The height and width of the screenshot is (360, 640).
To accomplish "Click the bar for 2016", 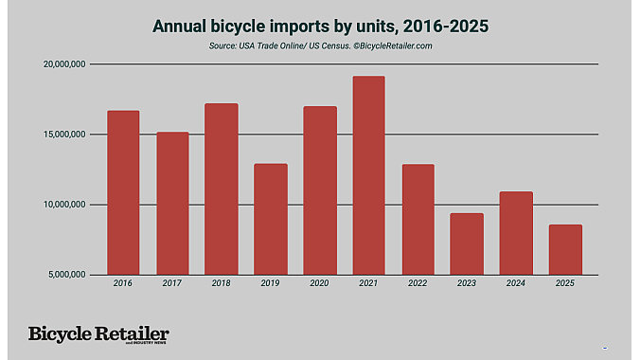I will (123, 192).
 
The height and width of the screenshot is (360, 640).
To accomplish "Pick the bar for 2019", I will (271, 219).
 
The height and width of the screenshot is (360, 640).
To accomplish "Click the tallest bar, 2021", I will (368, 175).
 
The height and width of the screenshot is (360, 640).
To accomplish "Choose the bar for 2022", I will (418, 219).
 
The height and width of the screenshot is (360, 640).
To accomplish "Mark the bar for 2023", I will (467, 243).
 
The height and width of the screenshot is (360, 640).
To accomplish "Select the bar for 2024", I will (516, 233).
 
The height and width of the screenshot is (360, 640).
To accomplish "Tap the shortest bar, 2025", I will (565, 249).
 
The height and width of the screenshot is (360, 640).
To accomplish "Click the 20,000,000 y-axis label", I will (61, 64).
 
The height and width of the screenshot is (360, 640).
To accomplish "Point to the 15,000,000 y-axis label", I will (61, 135).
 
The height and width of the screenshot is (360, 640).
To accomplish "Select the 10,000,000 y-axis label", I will (61, 205).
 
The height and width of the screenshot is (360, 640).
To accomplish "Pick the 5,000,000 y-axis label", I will (62, 275).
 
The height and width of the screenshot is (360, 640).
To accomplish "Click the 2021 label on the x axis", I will (368, 283).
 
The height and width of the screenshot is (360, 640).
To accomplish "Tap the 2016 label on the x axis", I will (123, 283).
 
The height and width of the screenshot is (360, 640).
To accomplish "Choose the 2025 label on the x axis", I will (565, 283).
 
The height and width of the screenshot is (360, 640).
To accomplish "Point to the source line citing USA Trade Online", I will (319, 45).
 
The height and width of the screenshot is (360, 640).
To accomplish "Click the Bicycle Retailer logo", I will (98, 335).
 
